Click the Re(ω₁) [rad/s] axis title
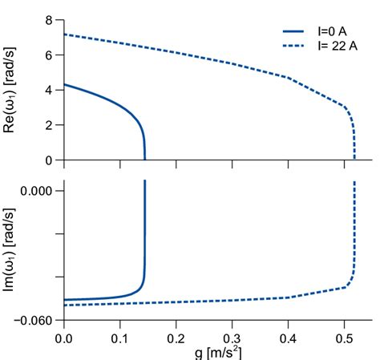14,90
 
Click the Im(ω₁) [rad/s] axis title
14,254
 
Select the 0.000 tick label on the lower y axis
36,191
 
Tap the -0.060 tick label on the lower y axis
34,320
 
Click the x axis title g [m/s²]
217,352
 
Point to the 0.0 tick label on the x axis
65,338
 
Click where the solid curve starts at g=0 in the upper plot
65,85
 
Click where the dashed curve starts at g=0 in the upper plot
65,34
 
